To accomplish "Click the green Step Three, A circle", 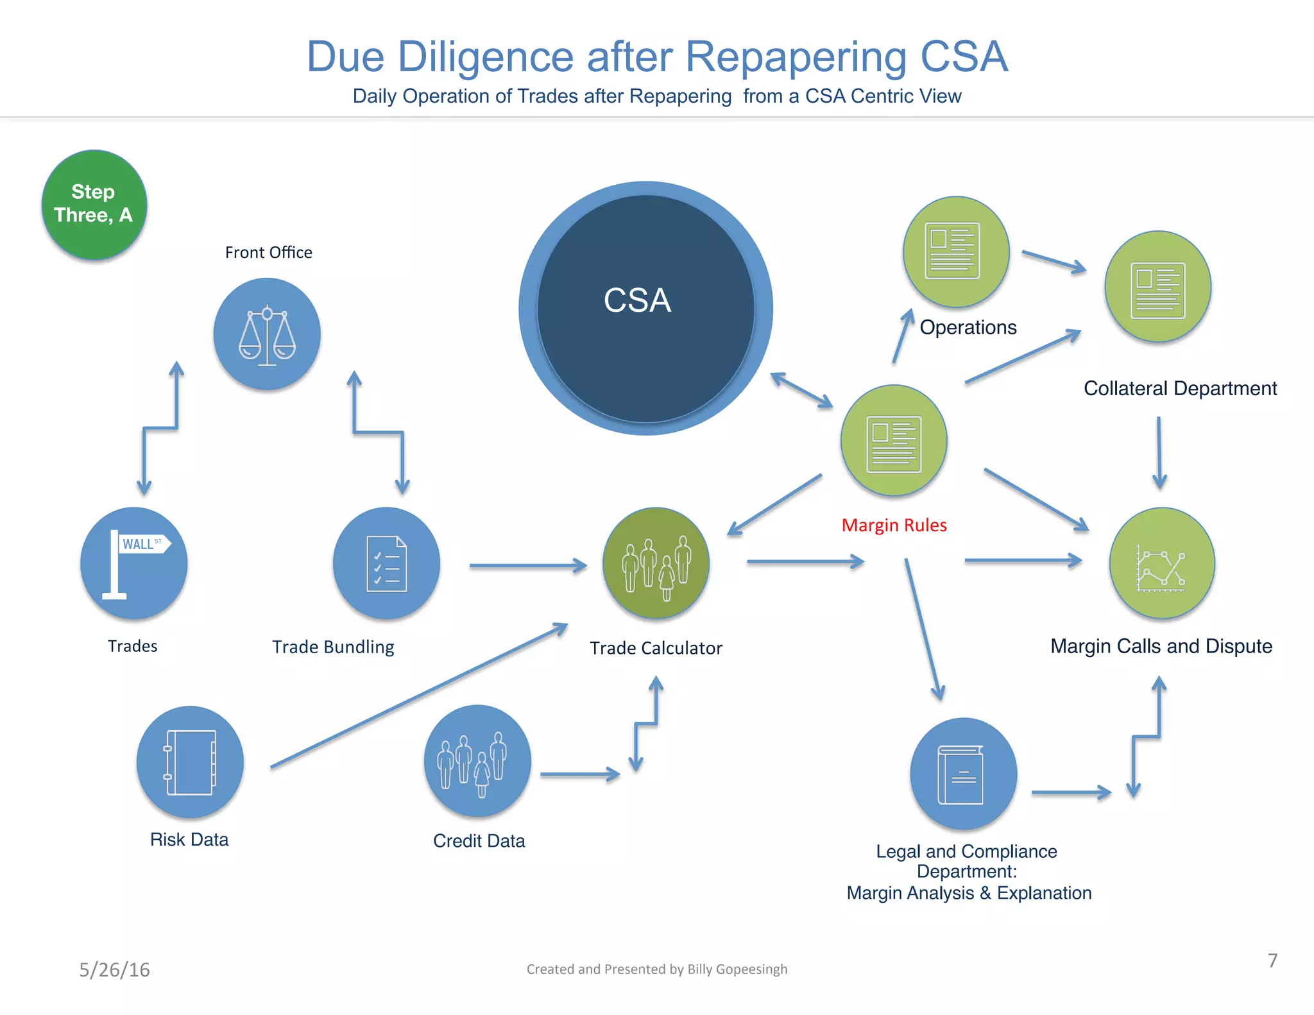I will (x=94, y=205).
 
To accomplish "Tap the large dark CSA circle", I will (x=645, y=308).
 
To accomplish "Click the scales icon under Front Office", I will (x=267, y=334).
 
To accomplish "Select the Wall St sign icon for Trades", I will (x=133, y=563).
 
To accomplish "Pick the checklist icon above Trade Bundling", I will (x=386, y=563).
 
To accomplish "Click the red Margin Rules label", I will (x=894, y=525).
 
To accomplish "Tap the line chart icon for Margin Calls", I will (x=1161, y=563).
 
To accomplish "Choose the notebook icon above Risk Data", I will (x=190, y=762).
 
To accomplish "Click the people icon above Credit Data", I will (x=477, y=761).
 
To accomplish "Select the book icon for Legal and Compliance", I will (x=963, y=774).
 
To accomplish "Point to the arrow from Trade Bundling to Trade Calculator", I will (x=527, y=565).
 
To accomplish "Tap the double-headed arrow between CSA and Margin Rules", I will (x=801, y=389).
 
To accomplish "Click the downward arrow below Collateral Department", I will (x=1159, y=452).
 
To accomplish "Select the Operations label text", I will (x=968, y=327).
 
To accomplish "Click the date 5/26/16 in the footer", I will (x=114, y=969).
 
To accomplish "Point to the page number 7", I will (x=1272, y=960).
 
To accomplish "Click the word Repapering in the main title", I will (x=796, y=56).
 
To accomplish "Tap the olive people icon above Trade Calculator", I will (x=656, y=563).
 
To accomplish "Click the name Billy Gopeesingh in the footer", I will (x=737, y=969).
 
